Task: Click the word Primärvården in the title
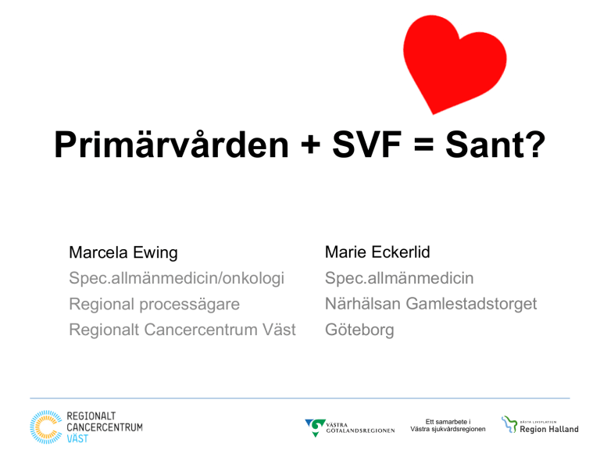[x=171, y=145]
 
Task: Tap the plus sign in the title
[x=311, y=145]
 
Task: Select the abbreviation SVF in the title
[x=367, y=145]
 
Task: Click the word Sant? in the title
[x=495, y=145]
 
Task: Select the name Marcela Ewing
[x=123, y=252]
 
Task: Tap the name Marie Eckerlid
[x=377, y=252]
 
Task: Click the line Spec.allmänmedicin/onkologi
[x=177, y=279]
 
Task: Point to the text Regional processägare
[x=154, y=305]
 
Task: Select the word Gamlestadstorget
[x=471, y=304]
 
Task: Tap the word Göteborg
[x=359, y=330]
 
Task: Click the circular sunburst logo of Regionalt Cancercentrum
[x=46, y=427]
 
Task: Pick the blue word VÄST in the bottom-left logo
[x=77, y=438]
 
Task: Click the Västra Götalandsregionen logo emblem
[x=316, y=427]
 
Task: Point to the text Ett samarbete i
[x=448, y=422]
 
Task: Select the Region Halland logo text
[x=548, y=430]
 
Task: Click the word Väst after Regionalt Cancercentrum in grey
[x=279, y=330]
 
